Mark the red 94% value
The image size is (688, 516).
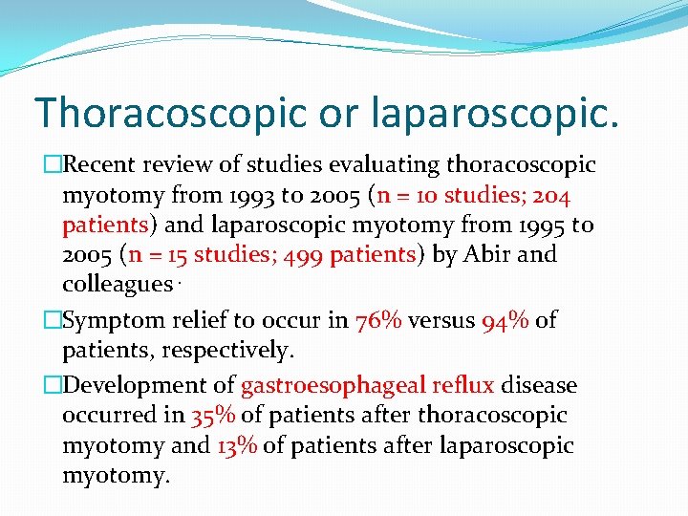pos(505,320)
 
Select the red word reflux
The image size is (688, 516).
pos(463,386)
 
